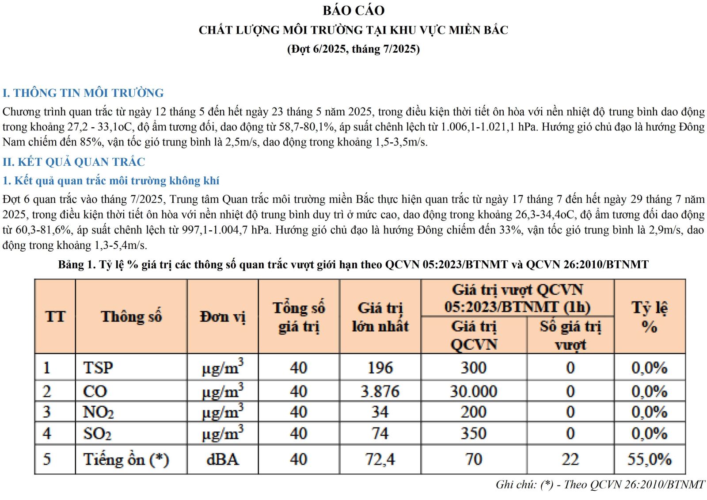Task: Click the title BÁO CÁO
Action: tap(353, 10)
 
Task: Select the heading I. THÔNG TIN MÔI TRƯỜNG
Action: tap(83, 93)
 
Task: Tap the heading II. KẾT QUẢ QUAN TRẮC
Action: tap(74, 162)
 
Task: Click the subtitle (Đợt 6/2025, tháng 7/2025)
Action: tap(353, 49)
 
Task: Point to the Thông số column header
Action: tap(131, 317)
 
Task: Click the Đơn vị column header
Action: tap(222, 317)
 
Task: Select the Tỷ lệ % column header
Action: tap(649, 317)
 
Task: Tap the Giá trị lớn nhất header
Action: tap(380, 317)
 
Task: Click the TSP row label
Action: tap(98, 367)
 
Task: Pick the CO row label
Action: tap(95, 391)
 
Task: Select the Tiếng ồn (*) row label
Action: tap(126, 459)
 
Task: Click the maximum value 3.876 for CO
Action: tap(380, 391)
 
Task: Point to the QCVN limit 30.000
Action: tap(473, 391)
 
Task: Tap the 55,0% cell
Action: tap(649, 459)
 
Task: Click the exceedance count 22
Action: tap(570, 459)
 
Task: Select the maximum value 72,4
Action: tap(380, 459)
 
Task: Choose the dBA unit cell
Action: tap(222, 459)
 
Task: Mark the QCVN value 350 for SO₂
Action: tap(473, 433)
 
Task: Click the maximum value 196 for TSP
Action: tap(380, 367)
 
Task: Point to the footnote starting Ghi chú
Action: tap(600, 485)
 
